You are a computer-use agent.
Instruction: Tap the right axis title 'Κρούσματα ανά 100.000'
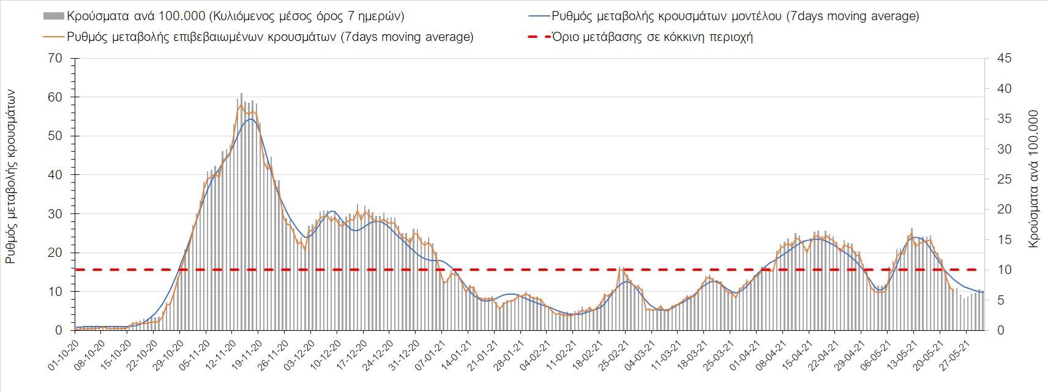[x=1034, y=179]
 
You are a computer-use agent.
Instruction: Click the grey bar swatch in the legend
[x=53, y=16]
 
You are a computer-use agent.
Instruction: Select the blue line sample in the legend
[x=537, y=16]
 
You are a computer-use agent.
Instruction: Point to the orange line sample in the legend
[x=53, y=37]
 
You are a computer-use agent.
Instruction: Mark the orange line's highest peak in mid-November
[x=241, y=104]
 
